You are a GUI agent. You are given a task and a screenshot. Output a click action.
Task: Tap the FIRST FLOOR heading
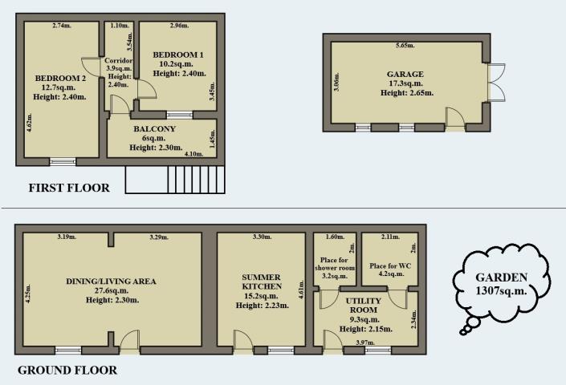coord(69,188)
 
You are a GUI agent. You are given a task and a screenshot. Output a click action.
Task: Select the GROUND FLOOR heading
coord(67,371)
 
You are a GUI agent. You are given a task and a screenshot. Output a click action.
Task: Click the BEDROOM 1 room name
coord(178,55)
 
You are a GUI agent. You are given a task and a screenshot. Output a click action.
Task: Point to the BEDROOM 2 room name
coord(60,79)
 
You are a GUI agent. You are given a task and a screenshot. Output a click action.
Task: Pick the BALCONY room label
coord(154,128)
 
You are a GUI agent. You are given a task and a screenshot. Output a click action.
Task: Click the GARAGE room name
coord(405,75)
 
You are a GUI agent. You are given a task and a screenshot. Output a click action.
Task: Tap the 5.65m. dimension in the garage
coord(405,46)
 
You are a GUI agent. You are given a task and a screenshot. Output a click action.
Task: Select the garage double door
coord(497,82)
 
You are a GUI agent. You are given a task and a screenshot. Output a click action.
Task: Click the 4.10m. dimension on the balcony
coord(193,154)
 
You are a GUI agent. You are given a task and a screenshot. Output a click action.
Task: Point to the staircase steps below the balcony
coord(196,180)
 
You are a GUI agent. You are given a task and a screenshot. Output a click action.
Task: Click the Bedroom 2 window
coord(63,161)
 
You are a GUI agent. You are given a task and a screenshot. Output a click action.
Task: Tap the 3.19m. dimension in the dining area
coord(67,237)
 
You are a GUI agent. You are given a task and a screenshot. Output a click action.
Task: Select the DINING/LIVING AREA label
coord(111,282)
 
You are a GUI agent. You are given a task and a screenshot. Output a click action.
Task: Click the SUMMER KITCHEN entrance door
coord(242,341)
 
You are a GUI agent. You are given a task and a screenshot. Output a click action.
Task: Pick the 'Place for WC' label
coord(390,266)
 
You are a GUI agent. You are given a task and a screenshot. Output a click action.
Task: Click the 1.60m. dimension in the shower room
coord(335,237)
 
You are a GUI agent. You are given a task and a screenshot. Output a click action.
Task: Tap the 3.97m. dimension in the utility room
coord(365,342)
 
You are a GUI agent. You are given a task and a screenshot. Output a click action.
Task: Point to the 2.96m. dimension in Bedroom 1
coord(179,26)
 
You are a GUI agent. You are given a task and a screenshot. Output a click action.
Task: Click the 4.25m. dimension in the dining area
coord(29,294)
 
